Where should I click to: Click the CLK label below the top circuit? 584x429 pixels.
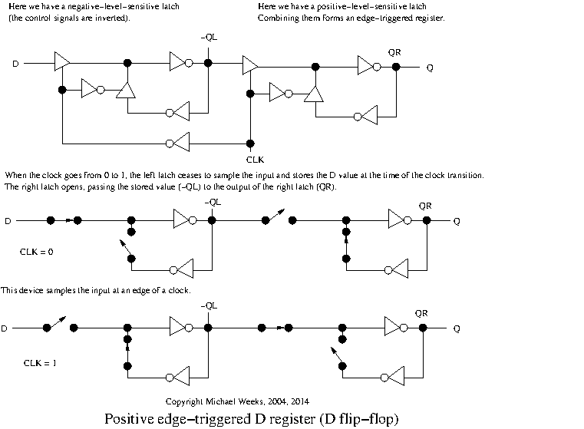tap(250, 160)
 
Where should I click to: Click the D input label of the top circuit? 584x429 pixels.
tap(15, 64)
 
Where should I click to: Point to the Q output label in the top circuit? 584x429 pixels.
tap(430, 68)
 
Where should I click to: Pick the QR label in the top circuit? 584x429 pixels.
tap(395, 53)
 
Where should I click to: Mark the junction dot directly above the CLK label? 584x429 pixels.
tap(250, 143)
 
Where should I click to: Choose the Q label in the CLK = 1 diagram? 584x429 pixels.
tap(457, 328)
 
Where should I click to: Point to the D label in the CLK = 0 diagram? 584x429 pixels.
tap(8, 221)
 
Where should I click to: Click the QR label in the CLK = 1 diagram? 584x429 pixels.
tap(422, 313)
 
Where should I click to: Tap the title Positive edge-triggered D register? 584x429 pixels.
tap(252, 419)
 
